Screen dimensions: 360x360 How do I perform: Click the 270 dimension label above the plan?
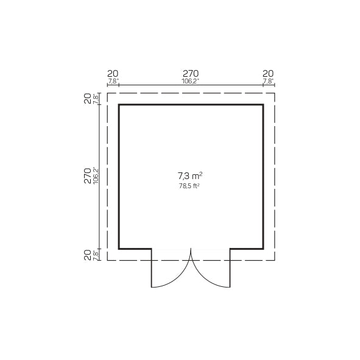[191, 74]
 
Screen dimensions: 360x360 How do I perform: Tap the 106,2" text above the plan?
[190, 81]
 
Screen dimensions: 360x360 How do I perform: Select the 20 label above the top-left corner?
[113, 74]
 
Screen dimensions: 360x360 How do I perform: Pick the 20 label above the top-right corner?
[268, 74]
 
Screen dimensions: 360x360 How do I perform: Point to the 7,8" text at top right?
[268, 81]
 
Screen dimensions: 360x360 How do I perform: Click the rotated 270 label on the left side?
[88, 175]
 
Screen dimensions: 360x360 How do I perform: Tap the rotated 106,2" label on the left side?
[96, 175]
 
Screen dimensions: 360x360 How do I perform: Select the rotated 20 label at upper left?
[88, 99]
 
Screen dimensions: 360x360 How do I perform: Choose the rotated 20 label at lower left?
[88, 255]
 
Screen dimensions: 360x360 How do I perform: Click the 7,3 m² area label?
[190, 176]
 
